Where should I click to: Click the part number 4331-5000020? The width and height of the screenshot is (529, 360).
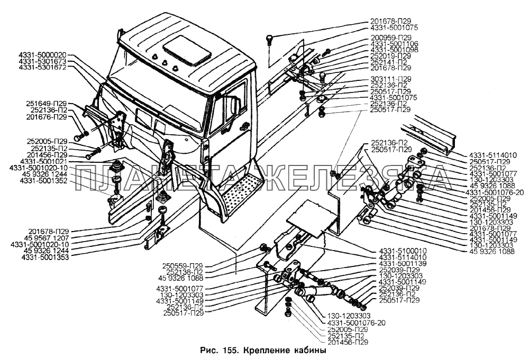click(x=43, y=55)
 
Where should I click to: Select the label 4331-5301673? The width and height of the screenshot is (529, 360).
click(x=43, y=62)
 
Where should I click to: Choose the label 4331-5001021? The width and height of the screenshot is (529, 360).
click(x=43, y=161)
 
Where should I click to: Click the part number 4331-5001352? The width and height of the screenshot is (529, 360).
click(x=43, y=181)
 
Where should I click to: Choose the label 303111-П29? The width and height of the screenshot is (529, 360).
click(x=390, y=79)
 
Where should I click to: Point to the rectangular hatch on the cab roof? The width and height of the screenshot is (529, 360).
click(x=186, y=50)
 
